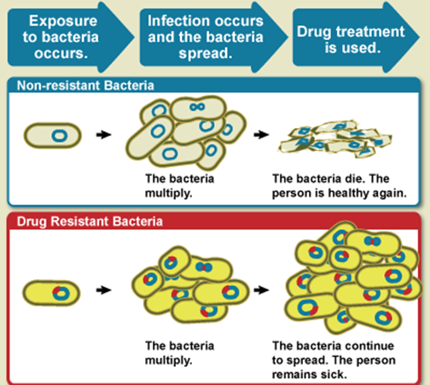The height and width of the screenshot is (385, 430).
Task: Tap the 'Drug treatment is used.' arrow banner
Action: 356,37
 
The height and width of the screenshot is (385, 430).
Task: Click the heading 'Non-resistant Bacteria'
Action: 85,85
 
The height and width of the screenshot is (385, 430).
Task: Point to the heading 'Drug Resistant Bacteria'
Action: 90,221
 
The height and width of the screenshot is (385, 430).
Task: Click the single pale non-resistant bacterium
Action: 53,136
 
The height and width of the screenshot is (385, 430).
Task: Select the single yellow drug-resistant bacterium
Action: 51,293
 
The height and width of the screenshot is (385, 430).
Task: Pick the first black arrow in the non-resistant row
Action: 103,134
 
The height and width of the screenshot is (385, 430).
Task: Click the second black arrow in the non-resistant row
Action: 261,134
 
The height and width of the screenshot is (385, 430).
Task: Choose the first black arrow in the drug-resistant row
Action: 103,290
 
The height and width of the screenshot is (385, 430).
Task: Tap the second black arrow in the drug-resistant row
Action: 261,290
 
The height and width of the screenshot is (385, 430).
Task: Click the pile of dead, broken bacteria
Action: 335,139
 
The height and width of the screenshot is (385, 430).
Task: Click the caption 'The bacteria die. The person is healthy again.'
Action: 340,186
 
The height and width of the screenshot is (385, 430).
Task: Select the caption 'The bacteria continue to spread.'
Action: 333,353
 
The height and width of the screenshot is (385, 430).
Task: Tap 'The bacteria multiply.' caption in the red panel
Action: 179,353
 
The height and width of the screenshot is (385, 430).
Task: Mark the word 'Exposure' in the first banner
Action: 63,21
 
